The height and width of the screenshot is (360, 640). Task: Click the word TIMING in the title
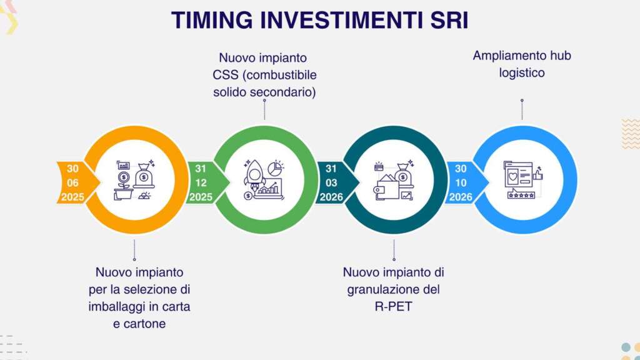(212, 20)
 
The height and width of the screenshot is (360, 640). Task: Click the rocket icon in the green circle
(255, 176)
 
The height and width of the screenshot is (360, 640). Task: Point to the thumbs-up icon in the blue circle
(538, 174)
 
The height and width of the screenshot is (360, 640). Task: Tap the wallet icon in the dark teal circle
(386, 187)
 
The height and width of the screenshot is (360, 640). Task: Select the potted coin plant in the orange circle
(124, 186)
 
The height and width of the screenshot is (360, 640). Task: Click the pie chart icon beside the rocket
(276, 167)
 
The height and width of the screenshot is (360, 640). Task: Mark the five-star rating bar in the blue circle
(521, 195)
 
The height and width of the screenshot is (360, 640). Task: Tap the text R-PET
(394, 306)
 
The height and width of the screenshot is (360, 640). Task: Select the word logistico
(522, 73)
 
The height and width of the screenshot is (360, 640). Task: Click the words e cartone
(139, 324)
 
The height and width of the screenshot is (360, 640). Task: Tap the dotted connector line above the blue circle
(522, 109)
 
